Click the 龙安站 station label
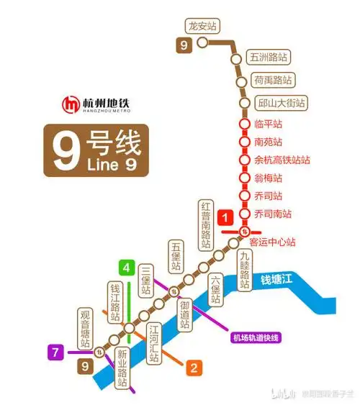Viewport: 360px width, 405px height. pos(202,26)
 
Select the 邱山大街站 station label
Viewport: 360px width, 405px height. pos(281,103)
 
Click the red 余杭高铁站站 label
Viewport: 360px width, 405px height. pos(282,160)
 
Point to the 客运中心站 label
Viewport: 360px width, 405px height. pos(272,242)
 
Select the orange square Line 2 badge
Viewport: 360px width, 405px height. pos(193,368)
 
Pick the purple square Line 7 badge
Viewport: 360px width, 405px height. pos(55,352)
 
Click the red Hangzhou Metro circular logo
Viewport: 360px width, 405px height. pos(71,104)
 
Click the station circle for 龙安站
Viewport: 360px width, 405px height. pos(203,42)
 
